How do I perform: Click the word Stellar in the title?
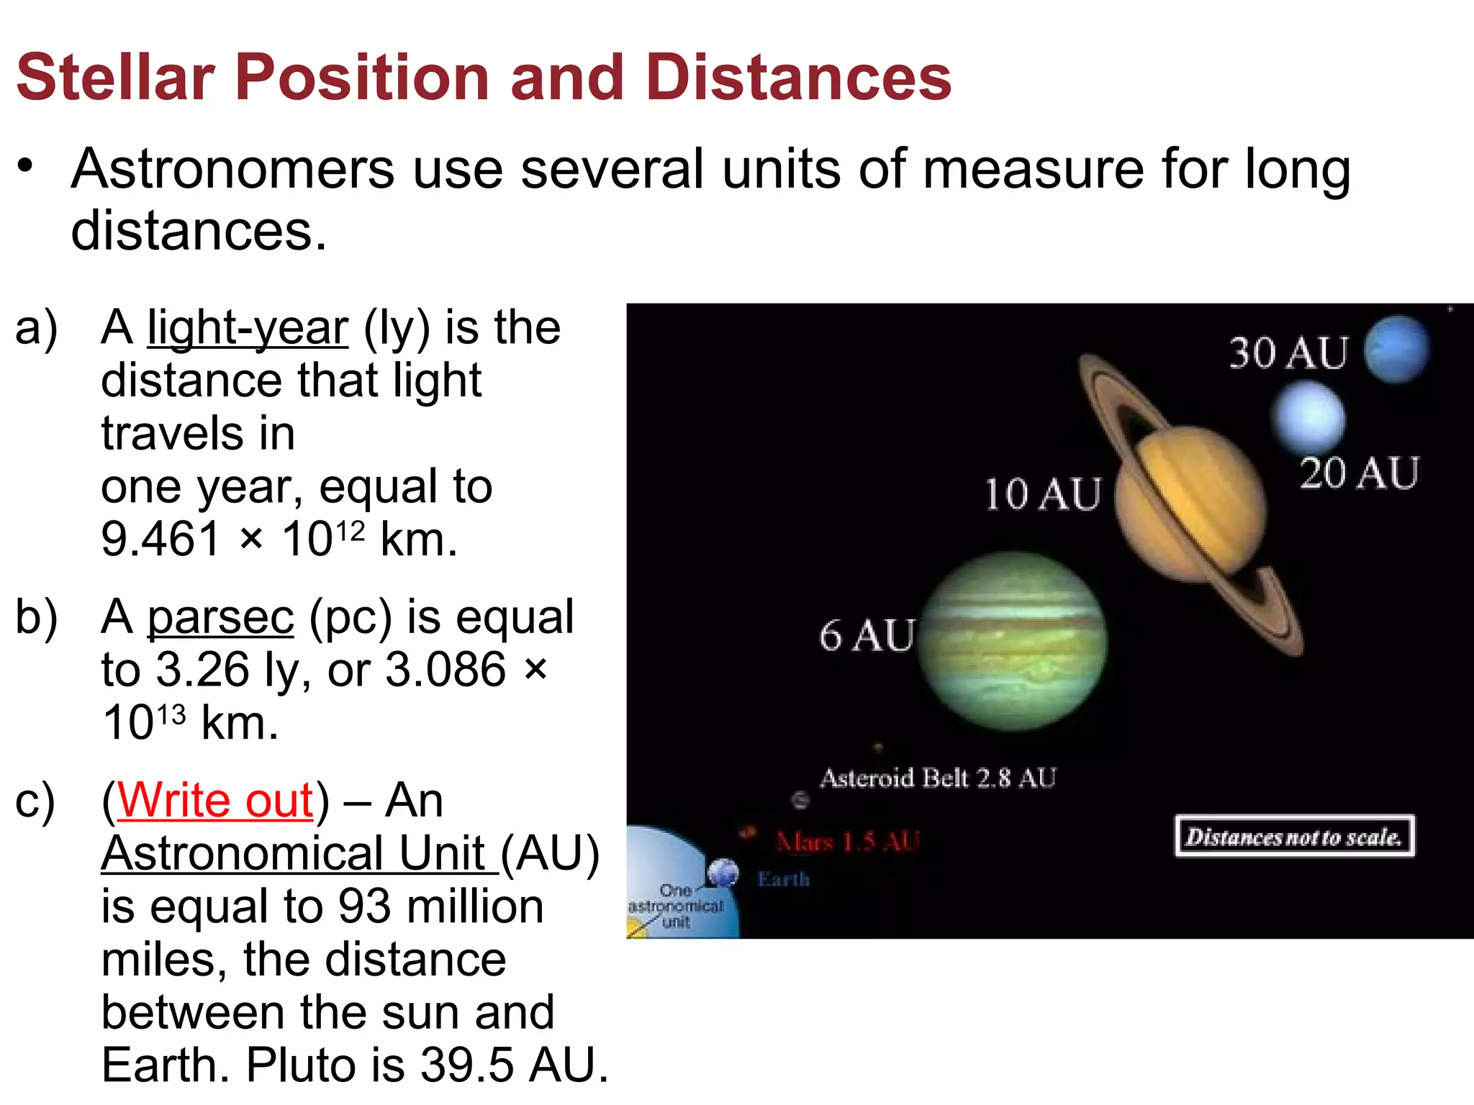point(115,78)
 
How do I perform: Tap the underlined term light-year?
point(248,328)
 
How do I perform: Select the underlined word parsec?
point(220,617)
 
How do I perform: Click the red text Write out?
point(215,800)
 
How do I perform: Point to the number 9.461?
point(160,539)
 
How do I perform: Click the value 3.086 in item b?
point(446,670)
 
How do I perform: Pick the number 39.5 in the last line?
point(466,1065)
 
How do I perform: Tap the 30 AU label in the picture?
point(1288,353)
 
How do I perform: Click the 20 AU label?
point(1359,473)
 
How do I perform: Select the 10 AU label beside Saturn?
point(1042,495)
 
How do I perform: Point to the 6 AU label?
point(867,636)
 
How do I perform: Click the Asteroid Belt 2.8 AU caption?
point(938,778)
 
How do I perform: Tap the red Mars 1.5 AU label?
point(848,842)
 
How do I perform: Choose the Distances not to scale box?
point(1294,837)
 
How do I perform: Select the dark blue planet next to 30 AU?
point(1396,349)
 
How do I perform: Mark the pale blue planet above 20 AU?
point(1308,417)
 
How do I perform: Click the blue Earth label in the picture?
point(783,879)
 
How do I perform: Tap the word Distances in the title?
point(798,78)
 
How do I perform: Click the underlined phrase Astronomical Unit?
point(299,854)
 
